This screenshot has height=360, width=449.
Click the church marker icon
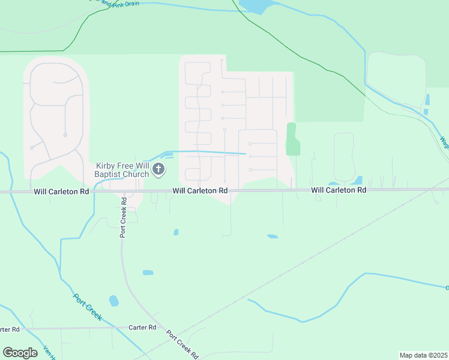(x=158, y=169)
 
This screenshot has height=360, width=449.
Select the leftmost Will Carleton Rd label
(x=61, y=191)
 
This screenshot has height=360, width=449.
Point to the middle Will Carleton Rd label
(x=200, y=190)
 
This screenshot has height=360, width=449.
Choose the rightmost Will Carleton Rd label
(x=339, y=190)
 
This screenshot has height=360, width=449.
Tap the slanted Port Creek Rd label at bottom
(x=182, y=344)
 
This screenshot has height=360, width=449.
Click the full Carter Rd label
(x=142, y=328)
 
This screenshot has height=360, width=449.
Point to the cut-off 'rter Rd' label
(x=10, y=329)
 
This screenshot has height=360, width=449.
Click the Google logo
(x=20, y=353)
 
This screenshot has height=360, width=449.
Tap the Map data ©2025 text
(x=424, y=355)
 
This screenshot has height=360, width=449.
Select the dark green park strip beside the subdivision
(x=292, y=139)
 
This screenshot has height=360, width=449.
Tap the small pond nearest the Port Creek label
(x=113, y=301)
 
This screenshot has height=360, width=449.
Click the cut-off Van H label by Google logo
(x=48, y=354)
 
